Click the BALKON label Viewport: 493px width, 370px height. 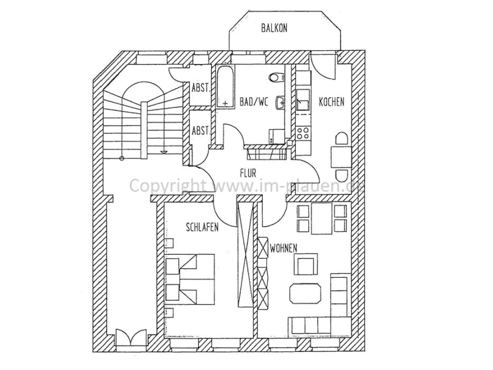coord(274,28)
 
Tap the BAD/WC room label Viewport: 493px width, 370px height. coord(254,101)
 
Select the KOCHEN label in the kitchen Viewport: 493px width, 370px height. coord(331,101)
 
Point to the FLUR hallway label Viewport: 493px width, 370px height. coord(247,173)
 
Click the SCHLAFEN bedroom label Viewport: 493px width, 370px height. coord(202,227)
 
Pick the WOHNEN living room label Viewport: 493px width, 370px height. coord(283,248)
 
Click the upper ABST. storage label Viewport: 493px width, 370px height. coord(201,88)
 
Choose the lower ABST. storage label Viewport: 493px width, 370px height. coord(201,130)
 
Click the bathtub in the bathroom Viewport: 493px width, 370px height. coord(225,87)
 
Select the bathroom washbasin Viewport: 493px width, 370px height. coord(281,102)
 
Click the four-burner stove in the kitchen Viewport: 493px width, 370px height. coord(303,133)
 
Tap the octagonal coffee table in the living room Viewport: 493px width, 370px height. coord(305,294)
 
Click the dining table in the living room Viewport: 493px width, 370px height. coord(322,219)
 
